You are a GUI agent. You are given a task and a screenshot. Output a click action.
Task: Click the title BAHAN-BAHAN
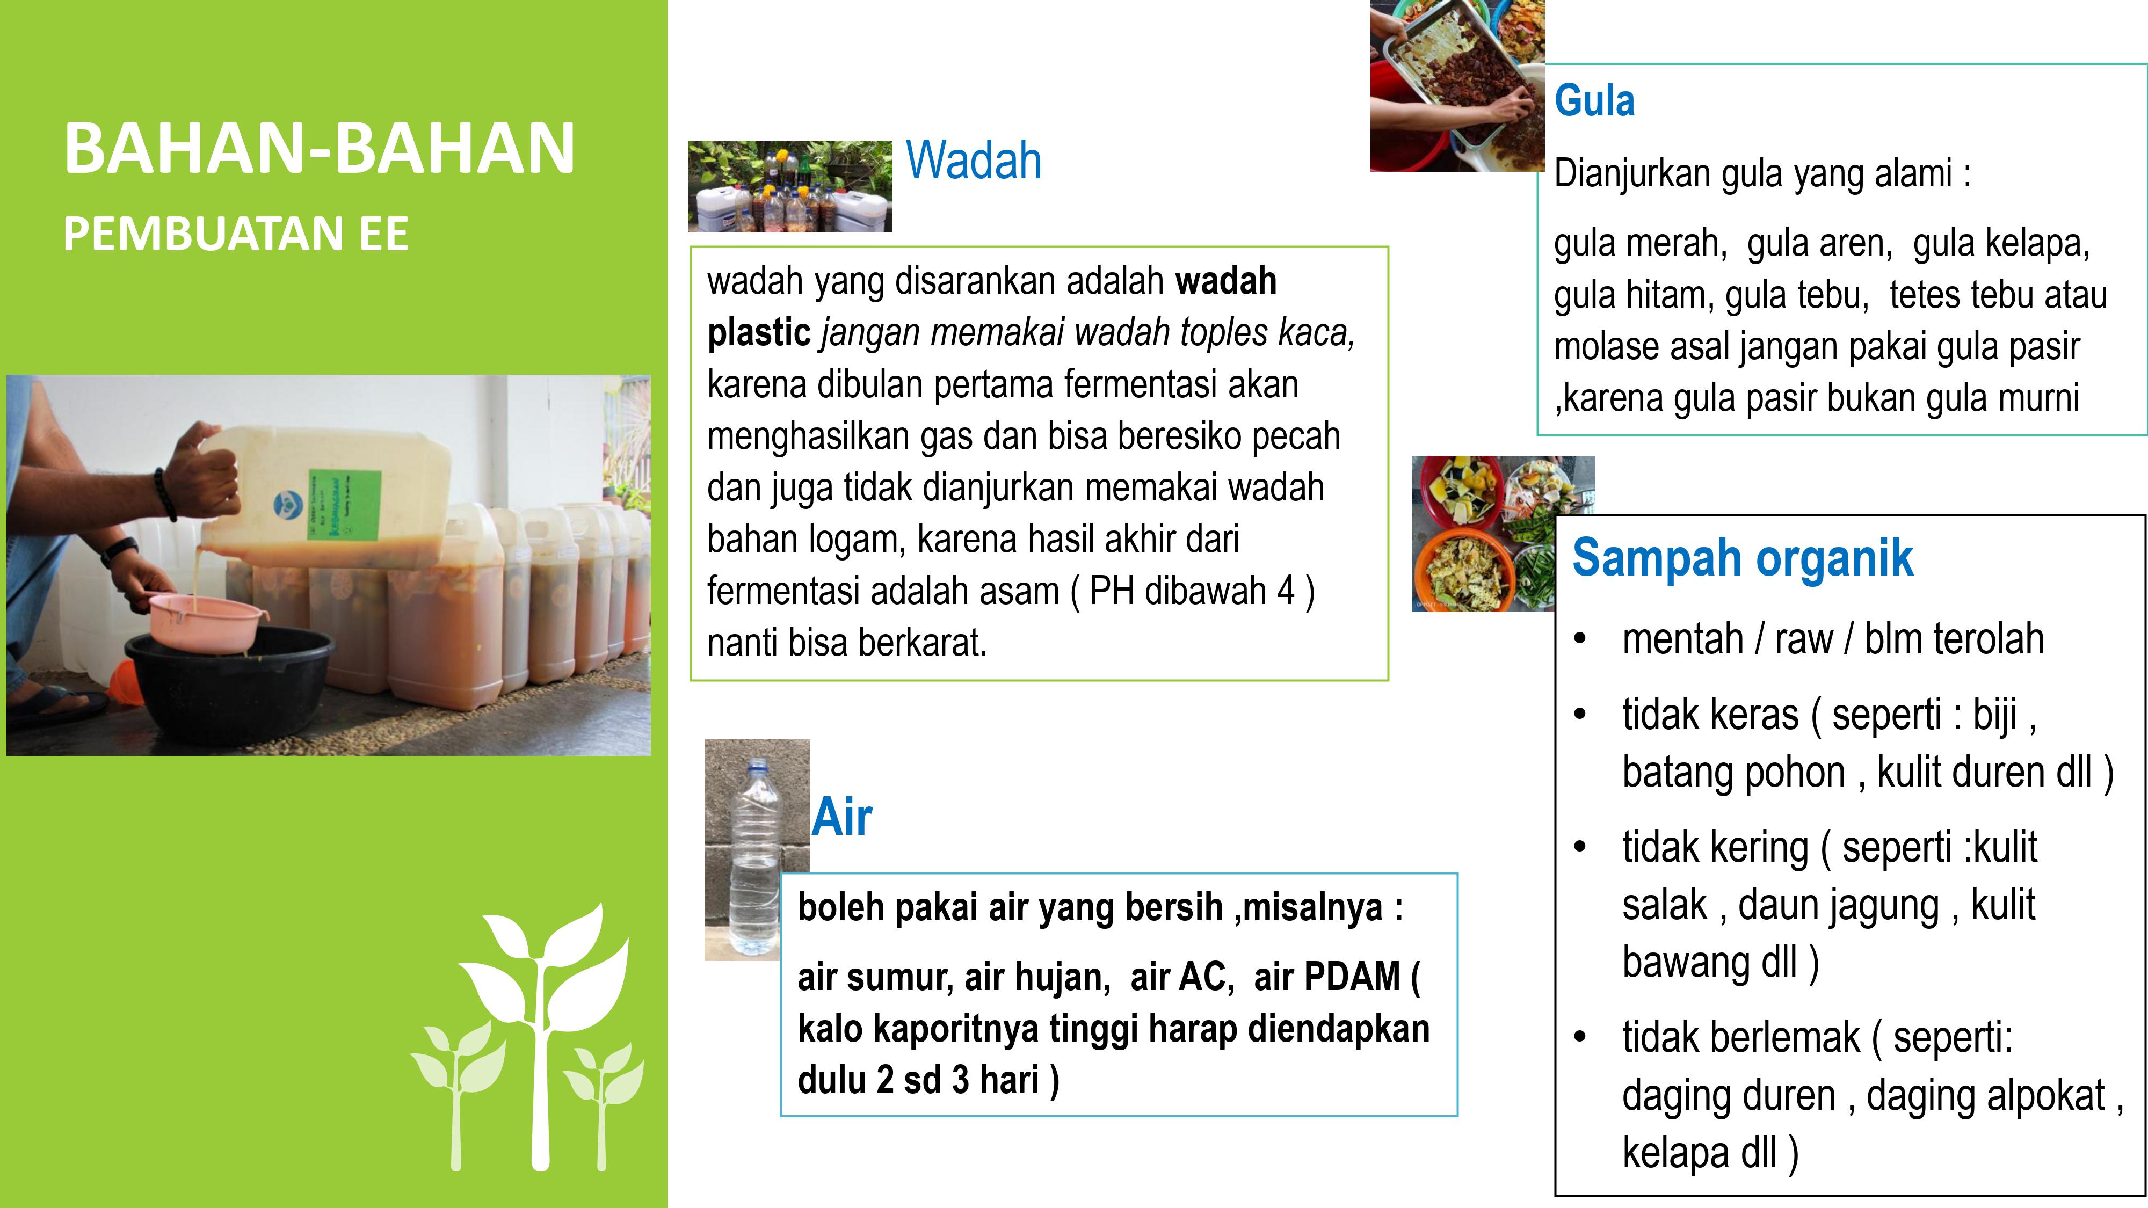point(320,148)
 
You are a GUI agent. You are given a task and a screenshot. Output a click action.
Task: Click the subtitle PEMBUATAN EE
point(236,234)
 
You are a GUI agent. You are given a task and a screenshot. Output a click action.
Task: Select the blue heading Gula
point(1594,101)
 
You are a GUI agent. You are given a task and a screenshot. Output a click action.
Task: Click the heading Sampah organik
point(1743,558)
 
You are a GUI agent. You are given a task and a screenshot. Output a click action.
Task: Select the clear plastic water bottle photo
point(756,849)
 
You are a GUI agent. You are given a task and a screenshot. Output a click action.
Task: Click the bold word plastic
point(759,333)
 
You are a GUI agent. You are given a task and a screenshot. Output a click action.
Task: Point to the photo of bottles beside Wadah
point(789,186)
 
